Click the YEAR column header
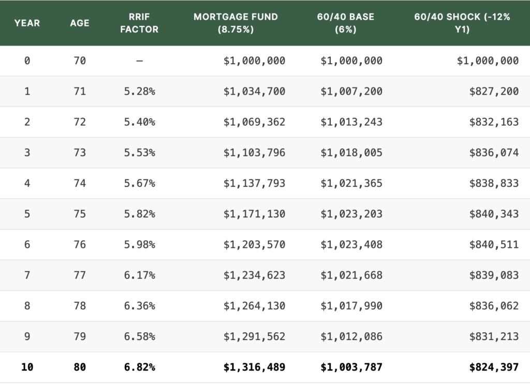coord(27,23)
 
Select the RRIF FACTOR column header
coord(139,23)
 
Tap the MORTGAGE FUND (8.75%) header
coord(235,23)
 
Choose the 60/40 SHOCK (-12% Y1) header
coord(462,23)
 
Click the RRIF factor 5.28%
coord(139,92)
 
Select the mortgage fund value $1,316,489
coord(254,367)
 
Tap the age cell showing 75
coord(80,214)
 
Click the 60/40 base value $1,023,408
coord(351,245)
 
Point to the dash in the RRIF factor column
coord(139,61)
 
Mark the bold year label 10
coord(27,367)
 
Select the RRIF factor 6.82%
coord(139,367)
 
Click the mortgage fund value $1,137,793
coord(254,184)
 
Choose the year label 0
coord(27,61)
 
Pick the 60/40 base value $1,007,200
coord(351,92)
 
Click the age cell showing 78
coord(80,306)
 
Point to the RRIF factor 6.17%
coord(139,275)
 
